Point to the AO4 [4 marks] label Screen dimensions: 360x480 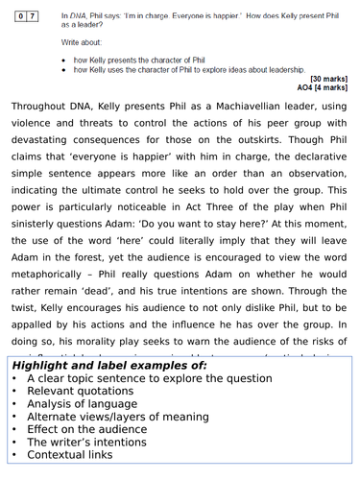click(324, 86)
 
